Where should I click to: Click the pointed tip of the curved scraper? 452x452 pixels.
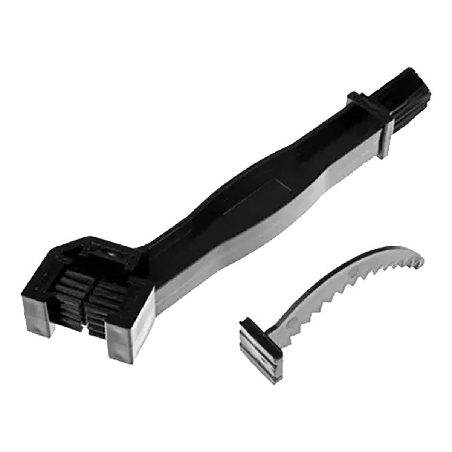(x=423, y=260)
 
